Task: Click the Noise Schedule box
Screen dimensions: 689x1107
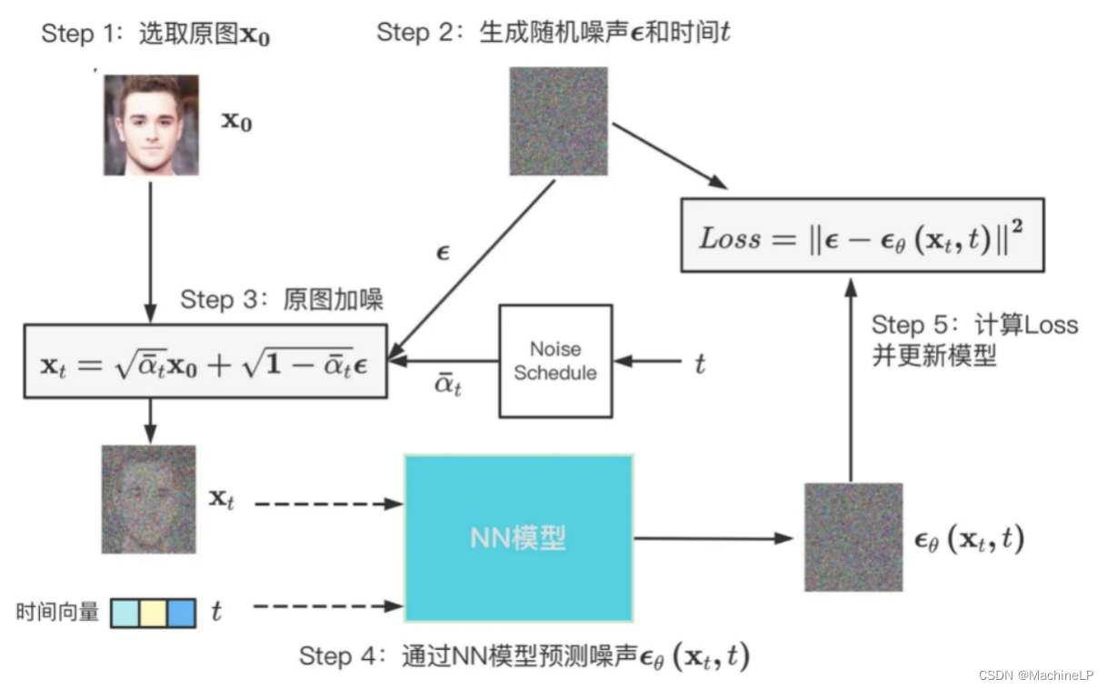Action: coord(554,361)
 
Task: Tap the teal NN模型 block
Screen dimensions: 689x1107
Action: coord(518,538)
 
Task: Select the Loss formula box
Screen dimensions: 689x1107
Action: coord(862,236)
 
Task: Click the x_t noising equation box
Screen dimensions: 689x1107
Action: coord(205,361)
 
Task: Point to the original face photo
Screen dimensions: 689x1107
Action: coord(150,125)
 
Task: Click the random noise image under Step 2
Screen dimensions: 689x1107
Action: coord(557,121)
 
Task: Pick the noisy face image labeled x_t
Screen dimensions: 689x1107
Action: coord(148,499)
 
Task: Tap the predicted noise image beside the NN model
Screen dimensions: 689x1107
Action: coord(853,538)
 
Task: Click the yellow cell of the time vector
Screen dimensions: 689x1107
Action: coord(153,613)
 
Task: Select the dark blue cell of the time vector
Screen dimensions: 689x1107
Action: coord(182,613)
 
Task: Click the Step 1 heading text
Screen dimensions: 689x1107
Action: coord(155,35)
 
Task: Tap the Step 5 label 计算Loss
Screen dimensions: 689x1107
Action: coord(974,325)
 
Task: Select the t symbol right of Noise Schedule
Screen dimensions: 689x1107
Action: coord(700,364)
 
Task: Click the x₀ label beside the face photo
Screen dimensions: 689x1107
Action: coord(237,122)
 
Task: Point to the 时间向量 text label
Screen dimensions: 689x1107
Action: coord(57,613)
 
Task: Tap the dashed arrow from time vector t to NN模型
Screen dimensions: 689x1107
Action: coord(327,605)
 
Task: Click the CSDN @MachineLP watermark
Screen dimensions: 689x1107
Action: coord(1035,674)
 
